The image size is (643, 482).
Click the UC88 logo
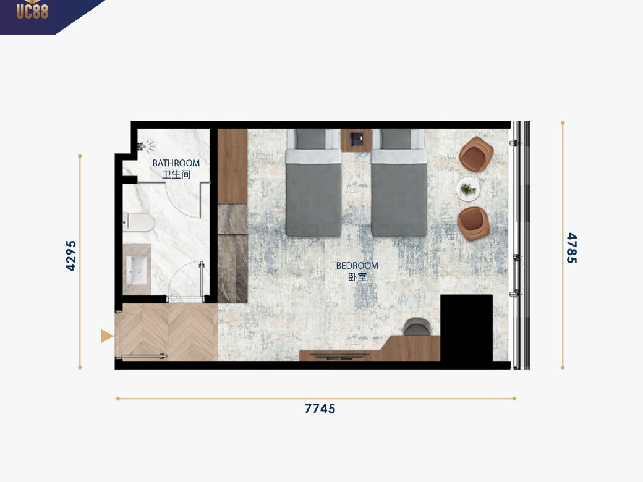tap(32, 10)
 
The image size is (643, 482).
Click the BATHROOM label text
tap(176, 163)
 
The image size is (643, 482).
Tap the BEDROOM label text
tap(357, 266)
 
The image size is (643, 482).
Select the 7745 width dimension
tap(320, 408)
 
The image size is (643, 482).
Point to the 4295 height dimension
tap(71, 256)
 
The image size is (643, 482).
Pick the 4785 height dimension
tap(572, 248)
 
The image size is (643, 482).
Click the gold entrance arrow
tap(106, 336)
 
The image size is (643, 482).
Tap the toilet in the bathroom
tap(139, 223)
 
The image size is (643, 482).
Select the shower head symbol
tap(147, 146)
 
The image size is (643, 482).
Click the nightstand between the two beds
tap(356, 140)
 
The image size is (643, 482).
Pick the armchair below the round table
tap(473, 223)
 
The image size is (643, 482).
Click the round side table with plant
tap(468, 189)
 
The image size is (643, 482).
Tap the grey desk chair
tap(417, 327)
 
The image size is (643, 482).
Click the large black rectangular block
tap(466, 328)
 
